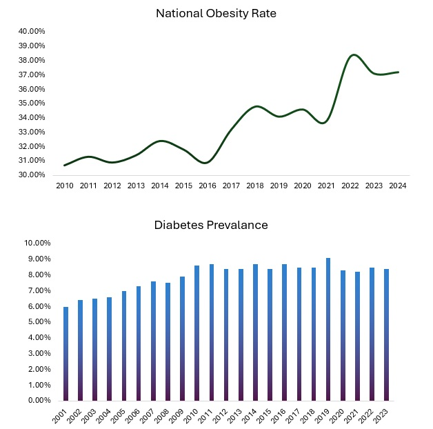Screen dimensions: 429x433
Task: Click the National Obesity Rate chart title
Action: [x=216, y=13]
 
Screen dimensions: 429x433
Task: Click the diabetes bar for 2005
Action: [x=124, y=346]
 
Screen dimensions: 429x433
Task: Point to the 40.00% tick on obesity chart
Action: [x=32, y=31]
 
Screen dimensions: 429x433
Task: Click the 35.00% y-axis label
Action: [x=32, y=103]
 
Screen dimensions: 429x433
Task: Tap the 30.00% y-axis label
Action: [x=32, y=174]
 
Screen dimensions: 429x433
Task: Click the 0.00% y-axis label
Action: [x=38, y=400]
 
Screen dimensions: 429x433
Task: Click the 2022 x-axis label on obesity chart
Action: [x=350, y=186]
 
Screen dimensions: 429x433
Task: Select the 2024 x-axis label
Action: [x=398, y=186]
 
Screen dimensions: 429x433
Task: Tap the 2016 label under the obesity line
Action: [x=208, y=186]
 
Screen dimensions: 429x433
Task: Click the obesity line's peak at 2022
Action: [x=354, y=54]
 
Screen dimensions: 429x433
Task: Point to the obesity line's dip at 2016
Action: [x=207, y=163]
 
